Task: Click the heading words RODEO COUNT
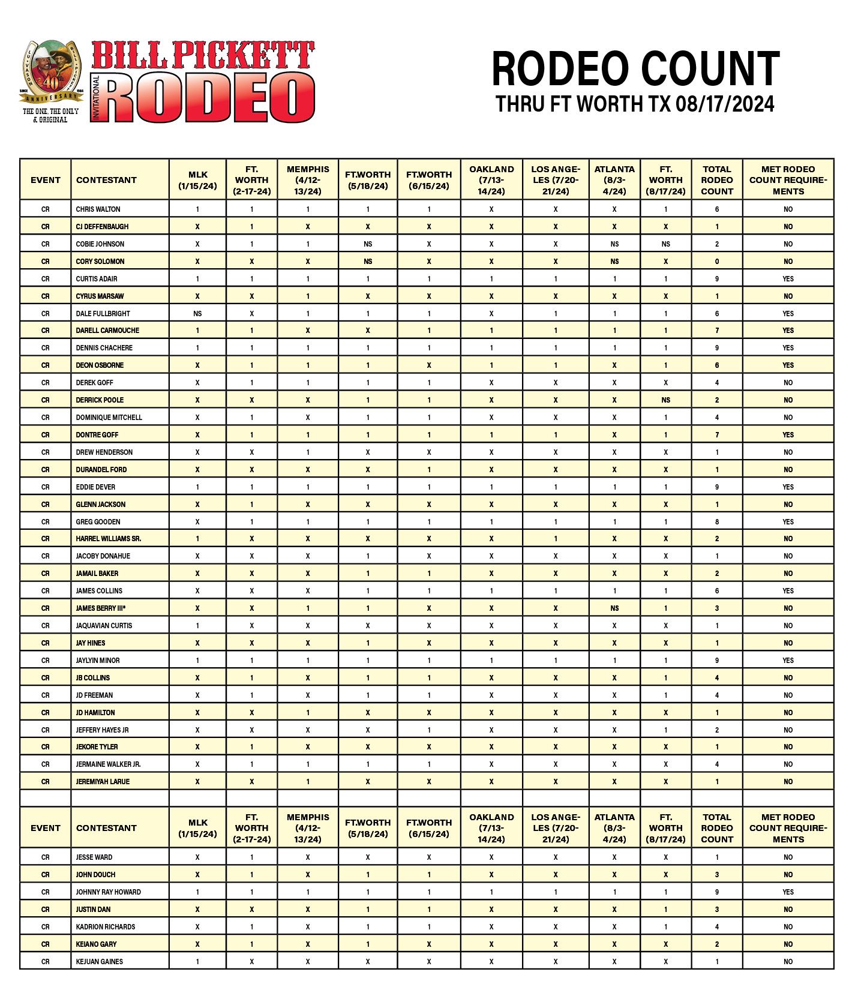635,69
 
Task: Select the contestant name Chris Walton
98,209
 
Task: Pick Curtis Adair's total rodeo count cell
716,279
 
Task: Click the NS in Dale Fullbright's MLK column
197,313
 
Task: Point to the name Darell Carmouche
107,331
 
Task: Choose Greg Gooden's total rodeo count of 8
716,522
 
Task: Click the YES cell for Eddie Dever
788,487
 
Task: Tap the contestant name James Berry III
101,608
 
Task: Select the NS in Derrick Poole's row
665,400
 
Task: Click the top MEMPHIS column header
308,180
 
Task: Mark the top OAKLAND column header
491,180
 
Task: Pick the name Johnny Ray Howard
108,892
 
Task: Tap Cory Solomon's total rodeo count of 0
716,262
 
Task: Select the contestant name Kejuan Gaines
99,962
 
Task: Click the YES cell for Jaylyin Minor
788,661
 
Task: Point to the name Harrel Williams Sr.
109,539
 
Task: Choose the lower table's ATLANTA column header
614,828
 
